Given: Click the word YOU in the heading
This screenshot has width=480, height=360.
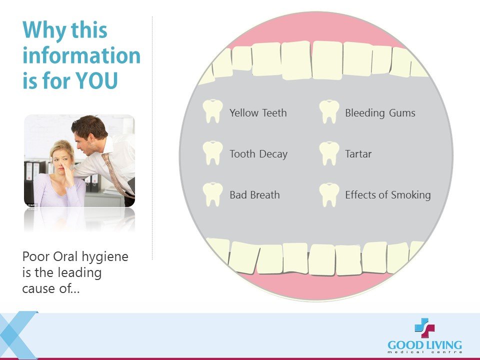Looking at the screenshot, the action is pyautogui.click(x=96, y=80).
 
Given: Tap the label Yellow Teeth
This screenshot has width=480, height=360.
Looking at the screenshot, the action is pyautogui.click(x=258, y=113).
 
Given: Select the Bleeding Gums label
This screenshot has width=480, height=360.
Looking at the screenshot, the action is pyautogui.click(x=380, y=113).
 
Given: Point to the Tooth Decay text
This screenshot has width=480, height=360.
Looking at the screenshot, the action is pyautogui.click(x=258, y=154).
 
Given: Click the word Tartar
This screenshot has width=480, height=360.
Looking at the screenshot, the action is pyautogui.click(x=358, y=154).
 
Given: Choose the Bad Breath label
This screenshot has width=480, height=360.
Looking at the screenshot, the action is pyautogui.click(x=254, y=195).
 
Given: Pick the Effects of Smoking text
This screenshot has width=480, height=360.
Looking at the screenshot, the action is pyautogui.click(x=388, y=195).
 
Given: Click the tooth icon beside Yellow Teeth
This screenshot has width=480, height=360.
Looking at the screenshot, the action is pyautogui.click(x=213, y=111).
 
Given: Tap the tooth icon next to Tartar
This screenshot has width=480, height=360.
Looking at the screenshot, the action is pyautogui.click(x=329, y=153).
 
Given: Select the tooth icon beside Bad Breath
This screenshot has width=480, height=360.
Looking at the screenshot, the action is pyautogui.click(x=213, y=194).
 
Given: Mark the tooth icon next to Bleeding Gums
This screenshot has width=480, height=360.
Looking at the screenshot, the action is pyautogui.click(x=329, y=111).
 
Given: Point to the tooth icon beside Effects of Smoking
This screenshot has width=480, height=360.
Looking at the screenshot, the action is pyautogui.click(x=329, y=195).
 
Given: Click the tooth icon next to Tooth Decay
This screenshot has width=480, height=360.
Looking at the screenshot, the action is pyautogui.click(x=213, y=153).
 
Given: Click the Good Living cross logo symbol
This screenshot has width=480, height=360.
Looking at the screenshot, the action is pyautogui.click(x=424, y=328).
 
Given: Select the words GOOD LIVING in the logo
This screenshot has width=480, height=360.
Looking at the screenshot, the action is pyautogui.click(x=424, y=345).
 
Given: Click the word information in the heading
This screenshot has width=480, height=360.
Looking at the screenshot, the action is pyautogui.click(x=81, y=55).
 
